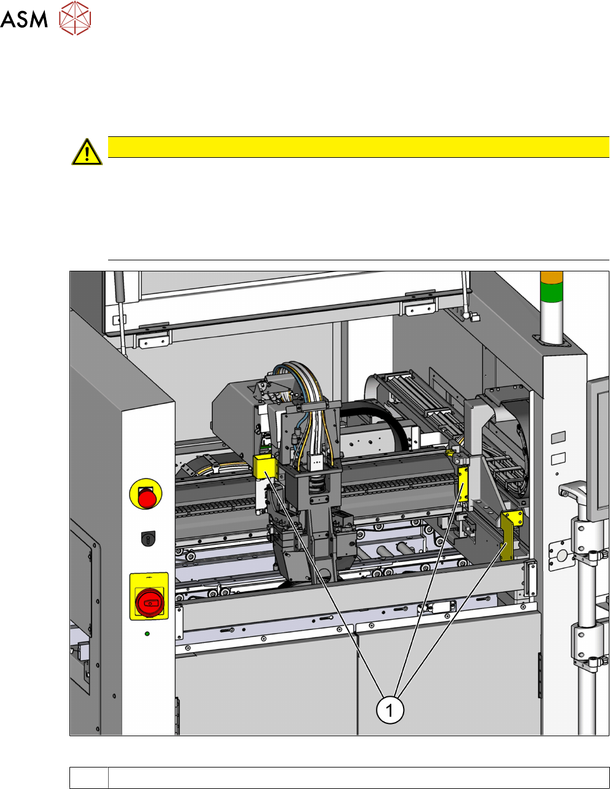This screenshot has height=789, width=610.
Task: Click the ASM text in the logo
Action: [x=24, y=19]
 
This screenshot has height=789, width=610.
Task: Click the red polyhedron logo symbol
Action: [x=75, y=18]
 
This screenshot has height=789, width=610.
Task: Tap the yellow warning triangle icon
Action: [x=87, y=152]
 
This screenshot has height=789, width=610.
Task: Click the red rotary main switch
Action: [x=149, y=602]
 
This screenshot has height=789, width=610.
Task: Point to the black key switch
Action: [x=148, y=538]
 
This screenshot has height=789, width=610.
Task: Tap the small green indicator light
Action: [x=147, y=634]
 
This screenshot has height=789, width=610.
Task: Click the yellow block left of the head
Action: [x=265, y=467]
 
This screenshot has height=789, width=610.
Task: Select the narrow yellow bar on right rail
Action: [x=463, y=484]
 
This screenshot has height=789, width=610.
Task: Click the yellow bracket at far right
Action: [x=509, y=534]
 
